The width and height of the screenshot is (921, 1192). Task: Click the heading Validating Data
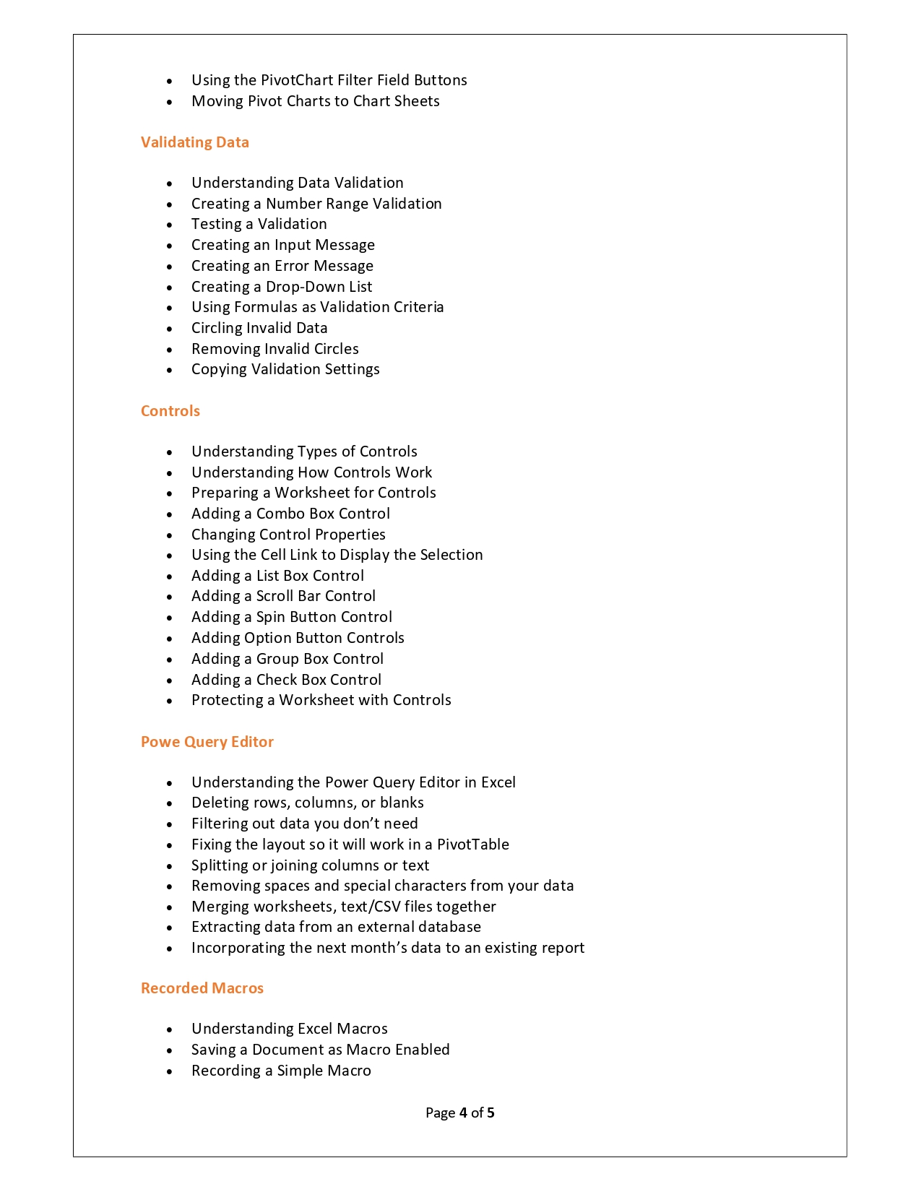[x=194, y=142]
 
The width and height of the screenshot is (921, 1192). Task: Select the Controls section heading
[x=170, y=411]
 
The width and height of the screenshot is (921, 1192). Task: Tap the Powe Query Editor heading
[x=207, y=742]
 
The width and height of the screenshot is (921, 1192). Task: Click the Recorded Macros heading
[x=202, y=988]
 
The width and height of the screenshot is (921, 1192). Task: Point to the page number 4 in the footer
[x=462, y=1113]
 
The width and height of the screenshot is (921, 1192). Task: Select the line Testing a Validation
[x=259, y=224]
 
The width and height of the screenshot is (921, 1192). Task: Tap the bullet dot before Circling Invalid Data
[x=170, y=329]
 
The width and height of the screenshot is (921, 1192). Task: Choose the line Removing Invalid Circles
[x=274, y=349]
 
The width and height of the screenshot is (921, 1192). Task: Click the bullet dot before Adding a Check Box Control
[x=170, y=681]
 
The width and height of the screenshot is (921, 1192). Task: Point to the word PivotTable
[x=472, y=845]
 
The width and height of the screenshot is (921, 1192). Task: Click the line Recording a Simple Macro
[x=281, y=1071]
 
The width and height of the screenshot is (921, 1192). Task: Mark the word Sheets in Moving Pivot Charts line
[x=417, y=101]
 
